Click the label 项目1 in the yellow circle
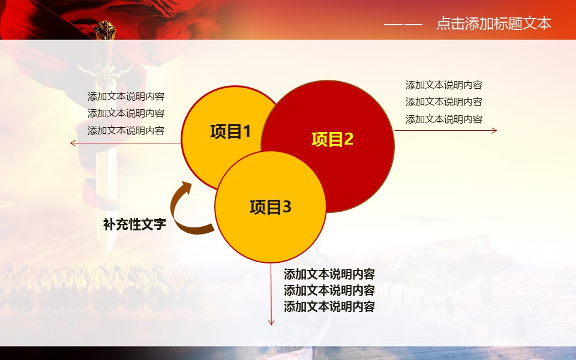click(230, 131)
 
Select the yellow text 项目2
click(332, 139)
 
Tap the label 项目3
click(271, 207)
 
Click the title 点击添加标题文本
click(493, 23)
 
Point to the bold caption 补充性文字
click(134, 224)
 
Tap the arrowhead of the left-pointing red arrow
click(73, 143)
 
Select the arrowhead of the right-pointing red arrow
click(494, 130)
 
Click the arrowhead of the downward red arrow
click(271, 322)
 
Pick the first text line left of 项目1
click(125, 97)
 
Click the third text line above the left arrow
click(125, 130)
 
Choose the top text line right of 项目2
click(444, 85)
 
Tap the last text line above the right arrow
click(444, 119)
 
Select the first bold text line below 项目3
click(329, 274)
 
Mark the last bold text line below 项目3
click(329, 307)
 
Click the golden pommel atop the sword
click(104, 29)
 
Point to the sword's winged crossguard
click(105, 71)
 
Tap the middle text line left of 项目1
click(125, 113)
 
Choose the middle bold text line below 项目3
click(329, 290)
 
